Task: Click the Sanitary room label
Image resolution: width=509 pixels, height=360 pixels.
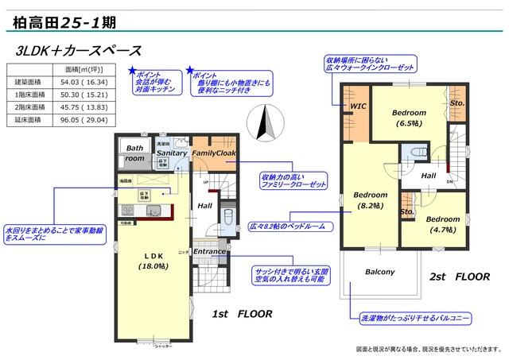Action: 172,153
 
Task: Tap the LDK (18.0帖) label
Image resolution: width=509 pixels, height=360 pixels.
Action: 152,261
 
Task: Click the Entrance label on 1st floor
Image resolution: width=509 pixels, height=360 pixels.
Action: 210,252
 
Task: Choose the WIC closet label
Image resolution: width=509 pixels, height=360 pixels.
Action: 357,105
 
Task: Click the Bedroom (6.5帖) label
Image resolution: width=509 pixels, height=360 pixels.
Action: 409,118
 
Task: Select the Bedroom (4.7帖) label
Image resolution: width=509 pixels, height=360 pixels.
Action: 442,224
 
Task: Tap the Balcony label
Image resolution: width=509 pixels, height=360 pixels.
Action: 379,272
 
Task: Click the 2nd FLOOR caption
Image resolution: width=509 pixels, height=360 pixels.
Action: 460,277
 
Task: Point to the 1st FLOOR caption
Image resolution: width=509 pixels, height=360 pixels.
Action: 242,314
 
